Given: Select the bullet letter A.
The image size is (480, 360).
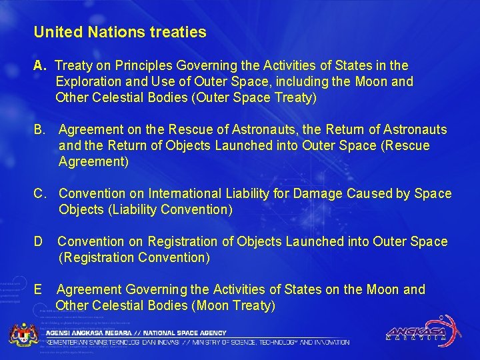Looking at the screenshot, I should (x=39, y=66).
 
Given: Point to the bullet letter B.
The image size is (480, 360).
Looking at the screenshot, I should (x=40, y=129).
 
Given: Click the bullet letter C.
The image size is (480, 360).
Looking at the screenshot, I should (x=40, y=193).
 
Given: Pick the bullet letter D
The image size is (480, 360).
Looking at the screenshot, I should (x=39, y=241).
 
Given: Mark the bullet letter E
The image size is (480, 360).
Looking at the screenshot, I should (x=39, y=289).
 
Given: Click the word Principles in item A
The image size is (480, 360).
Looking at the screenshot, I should (x=142, y=66).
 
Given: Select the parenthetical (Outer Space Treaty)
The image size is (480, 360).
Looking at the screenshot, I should (x=253, y=98).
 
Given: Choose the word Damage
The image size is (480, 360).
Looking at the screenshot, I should (x=318, y=193).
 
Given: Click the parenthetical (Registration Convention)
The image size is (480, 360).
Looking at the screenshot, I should (x=134, y=257).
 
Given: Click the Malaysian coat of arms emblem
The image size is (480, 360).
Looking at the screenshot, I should (x=25, y=334).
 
